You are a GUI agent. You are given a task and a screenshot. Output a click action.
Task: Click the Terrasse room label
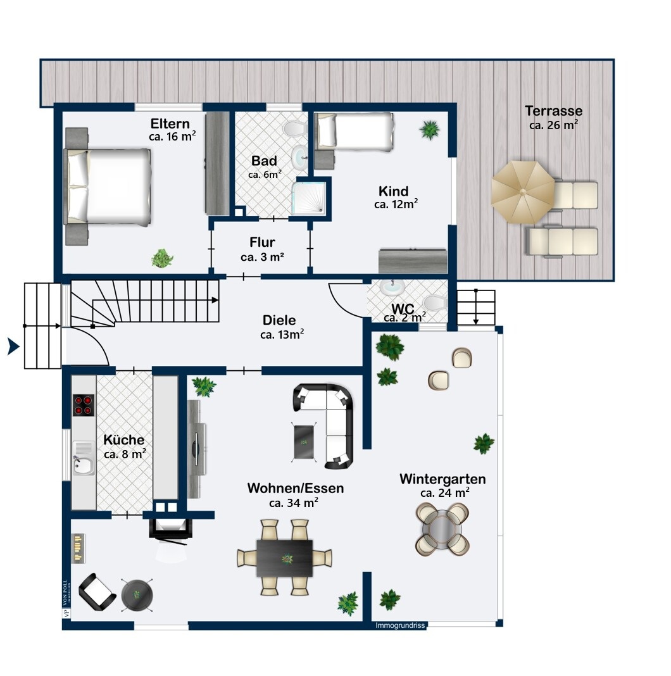553,111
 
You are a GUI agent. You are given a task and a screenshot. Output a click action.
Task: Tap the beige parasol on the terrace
523,192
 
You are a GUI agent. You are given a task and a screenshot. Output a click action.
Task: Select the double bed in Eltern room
108,187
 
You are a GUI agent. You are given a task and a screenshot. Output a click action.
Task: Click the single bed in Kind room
354,131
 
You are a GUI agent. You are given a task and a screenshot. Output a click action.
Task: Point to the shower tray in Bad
309,198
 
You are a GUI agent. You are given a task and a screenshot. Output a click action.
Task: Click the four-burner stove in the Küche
83,405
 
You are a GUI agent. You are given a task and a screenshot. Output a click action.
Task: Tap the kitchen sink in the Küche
83,458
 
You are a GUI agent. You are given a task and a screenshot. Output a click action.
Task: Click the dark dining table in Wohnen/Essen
285,558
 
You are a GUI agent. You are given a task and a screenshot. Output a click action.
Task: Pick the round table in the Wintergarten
442,529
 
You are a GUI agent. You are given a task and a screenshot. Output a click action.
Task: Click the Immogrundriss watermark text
400,625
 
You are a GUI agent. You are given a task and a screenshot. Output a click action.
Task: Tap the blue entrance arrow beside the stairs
13,346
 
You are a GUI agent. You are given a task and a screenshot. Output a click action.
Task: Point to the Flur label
262,242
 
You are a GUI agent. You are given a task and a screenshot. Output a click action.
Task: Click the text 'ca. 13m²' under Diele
282,335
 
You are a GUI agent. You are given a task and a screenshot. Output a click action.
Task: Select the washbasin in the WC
392,287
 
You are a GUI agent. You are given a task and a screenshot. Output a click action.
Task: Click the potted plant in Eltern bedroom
163,258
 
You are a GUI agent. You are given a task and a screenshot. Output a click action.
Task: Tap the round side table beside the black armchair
137,595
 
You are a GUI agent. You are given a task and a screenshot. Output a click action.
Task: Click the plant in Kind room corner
430,130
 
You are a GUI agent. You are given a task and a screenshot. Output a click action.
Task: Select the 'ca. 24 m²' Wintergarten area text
445,493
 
